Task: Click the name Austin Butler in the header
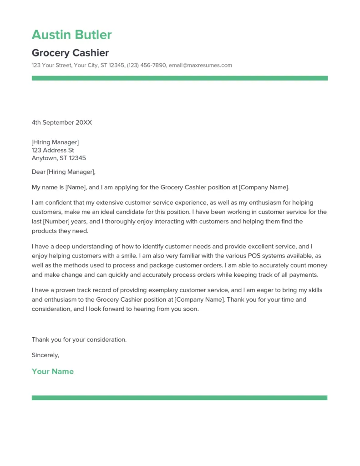click(x=71, y=35)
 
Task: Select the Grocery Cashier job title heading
click(x=70, y=53)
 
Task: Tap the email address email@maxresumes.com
click(x=200, y=66)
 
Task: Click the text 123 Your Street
click(x=51, y=66)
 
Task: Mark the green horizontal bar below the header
click(x=179, y=78)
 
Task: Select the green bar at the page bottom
click(x=179, y=398)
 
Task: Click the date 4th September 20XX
click(x=61, y=122)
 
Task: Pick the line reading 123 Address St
click(x=53, y=150)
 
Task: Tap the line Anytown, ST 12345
click(x=59, y=158)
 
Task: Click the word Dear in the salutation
click(x=38, y=172)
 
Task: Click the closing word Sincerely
click(x=46, y=355)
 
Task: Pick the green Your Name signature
click(x=52, y=371)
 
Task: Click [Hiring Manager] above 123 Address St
click(x=55, y=142)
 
